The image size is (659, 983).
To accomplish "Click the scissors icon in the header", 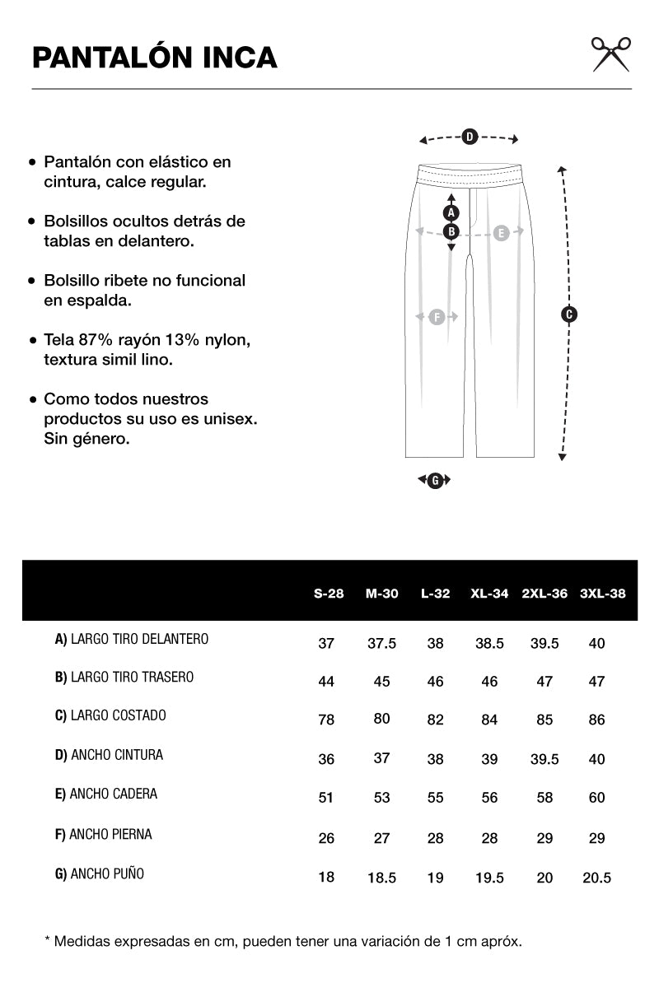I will coord(610,54).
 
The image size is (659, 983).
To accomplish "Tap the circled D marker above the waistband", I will coord(469,137).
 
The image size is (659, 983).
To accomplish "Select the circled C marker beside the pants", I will coord(568,314).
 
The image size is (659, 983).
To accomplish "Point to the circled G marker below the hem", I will coord(435,480).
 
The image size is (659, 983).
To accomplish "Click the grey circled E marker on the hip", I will coord(501,233).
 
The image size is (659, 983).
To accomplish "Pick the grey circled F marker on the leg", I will coord(437,316).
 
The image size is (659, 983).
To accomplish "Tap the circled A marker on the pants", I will coord(451,212).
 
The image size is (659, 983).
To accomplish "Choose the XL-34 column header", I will coord(489,593).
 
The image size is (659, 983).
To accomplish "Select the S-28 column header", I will coord(329,593).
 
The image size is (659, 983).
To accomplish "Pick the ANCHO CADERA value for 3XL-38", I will coord(597,797).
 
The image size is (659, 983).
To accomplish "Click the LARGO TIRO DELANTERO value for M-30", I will coord(381,643).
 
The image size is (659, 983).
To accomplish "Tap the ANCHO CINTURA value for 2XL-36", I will coord(544,759).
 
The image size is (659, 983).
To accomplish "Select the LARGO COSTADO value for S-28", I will coord(326,720).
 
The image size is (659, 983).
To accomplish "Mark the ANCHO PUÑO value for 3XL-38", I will coord(596,878).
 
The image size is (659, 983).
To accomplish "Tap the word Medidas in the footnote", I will coord(82,940).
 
